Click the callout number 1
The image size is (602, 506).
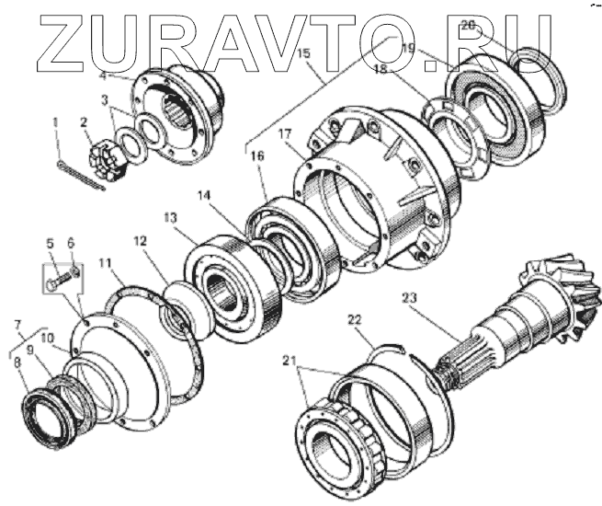[x=57, y=120]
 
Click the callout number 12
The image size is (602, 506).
[x=140, y=241]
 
